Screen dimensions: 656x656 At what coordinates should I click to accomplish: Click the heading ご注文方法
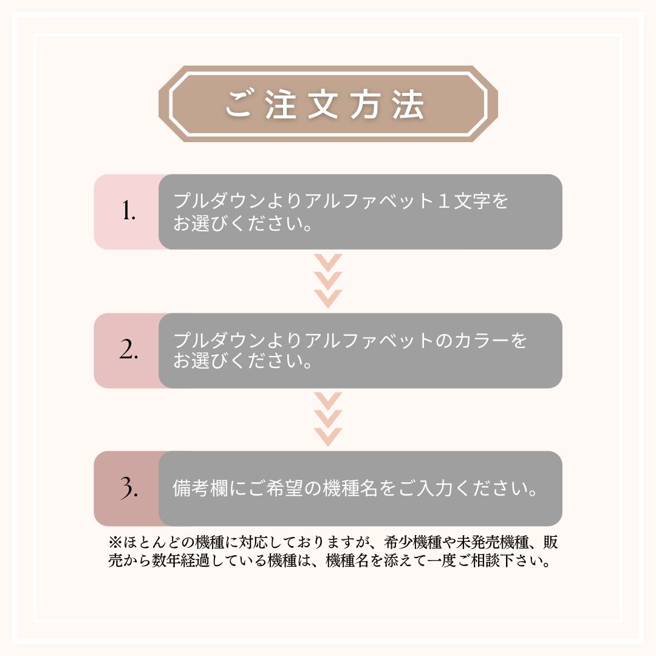(x=325, y=104)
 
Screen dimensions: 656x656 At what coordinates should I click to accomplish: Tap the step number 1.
(x=128, y=210)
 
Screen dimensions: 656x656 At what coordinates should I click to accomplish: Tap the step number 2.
(x=128, y=349)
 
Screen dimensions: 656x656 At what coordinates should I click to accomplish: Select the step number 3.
(x=129, y=488)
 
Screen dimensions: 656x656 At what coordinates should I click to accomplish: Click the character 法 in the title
(x=408, y=104)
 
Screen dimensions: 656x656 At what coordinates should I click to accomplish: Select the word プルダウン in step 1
(x=220, y=201)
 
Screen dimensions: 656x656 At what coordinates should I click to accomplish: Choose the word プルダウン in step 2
(x=220, y=340)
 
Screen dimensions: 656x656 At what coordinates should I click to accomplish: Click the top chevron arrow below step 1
(x=328, y=263)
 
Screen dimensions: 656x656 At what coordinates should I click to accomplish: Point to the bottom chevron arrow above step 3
(x=328, y=437)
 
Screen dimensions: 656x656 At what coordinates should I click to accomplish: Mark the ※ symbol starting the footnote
(x=115, y=542)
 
